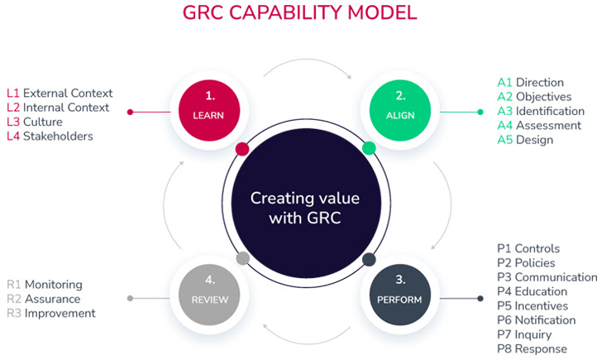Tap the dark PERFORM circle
click(x=400, y=291)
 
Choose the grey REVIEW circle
click(x=209, y=291)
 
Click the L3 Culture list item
click(x=35, y=122)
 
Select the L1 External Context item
click(x=60, y=93)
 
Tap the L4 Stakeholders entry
click(x=50, y=136)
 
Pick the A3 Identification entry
click(x=540, y=111)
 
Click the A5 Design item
click(x=525, y=140)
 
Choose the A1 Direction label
click(x=530, y=82)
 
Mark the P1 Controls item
click(x=528, y=248)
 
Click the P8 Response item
click(x=532, y=348)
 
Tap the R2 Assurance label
click(x=44, y=299)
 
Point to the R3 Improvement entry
click(x=51, y=313)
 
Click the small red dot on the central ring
click(x=241, y=149)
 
